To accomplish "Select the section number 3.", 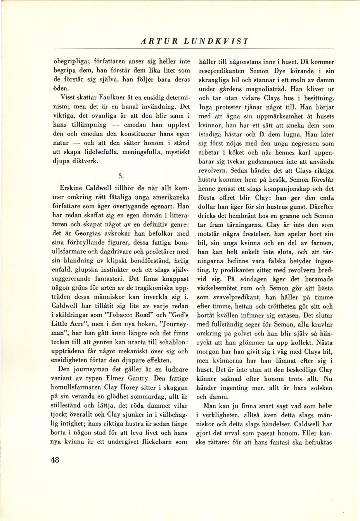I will point(121,175).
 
